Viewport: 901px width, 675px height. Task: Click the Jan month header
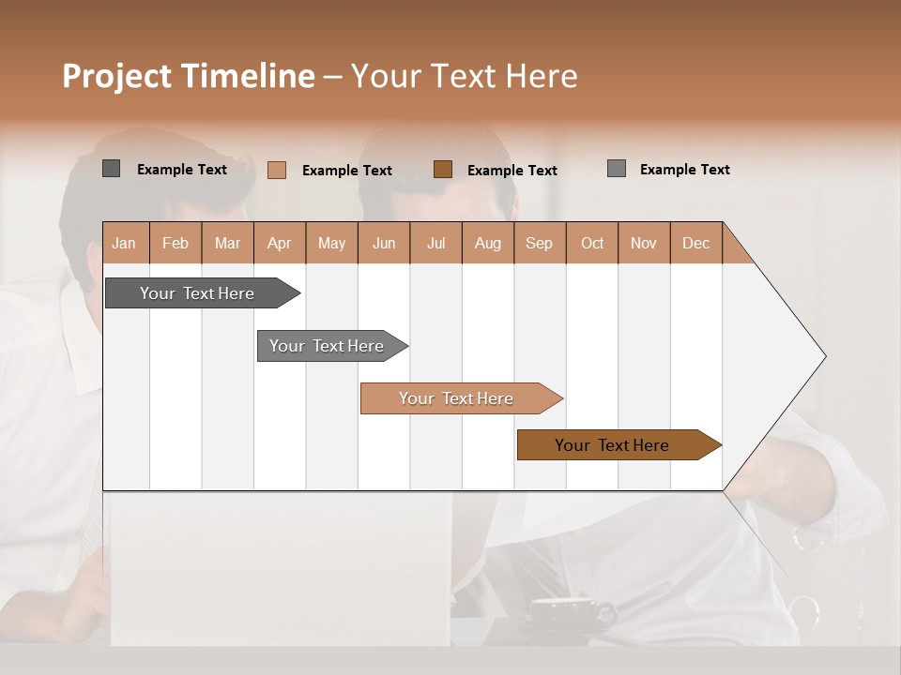125,243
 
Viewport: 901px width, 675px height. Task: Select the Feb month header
176,243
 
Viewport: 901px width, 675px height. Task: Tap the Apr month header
280,243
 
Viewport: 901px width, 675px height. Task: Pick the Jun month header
384,243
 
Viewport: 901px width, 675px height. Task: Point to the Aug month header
488,243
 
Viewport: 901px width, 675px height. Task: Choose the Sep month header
540,243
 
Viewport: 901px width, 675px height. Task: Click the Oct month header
592,243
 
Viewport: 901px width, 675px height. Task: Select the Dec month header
696,243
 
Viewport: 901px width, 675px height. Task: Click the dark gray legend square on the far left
112,169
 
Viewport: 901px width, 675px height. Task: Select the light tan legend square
277,170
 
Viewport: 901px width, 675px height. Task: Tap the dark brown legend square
443,169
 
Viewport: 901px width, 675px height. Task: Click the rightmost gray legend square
617,169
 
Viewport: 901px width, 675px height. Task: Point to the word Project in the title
116,76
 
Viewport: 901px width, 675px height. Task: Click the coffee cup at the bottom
563,614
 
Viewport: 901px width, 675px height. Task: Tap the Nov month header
644,243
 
